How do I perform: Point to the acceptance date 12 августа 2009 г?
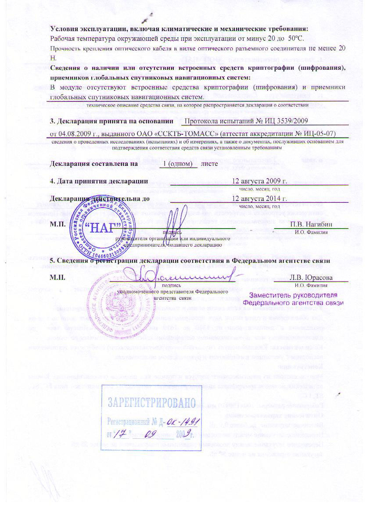[259, 181]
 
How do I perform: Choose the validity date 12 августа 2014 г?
[259, 198]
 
